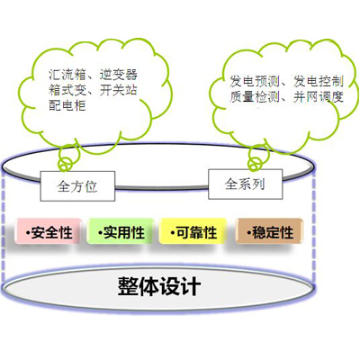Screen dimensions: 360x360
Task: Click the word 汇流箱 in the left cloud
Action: point(67,75)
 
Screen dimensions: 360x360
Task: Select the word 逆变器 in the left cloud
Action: point(119,75)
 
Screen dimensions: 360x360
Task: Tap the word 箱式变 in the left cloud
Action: point(67,90)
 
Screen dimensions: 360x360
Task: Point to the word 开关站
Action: point(119,90)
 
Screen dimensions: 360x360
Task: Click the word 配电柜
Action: point(67,105)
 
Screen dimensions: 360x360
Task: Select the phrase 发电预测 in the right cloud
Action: point(255,81)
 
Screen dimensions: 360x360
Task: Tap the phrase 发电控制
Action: point(319,81)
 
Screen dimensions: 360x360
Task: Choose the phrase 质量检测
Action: point(255,97)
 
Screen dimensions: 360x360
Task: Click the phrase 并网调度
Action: point(319,97)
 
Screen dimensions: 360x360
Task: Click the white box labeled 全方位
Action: point(77,186)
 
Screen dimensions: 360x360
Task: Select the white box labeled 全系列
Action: point(246,184)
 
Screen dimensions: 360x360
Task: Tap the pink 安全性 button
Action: point(49,231)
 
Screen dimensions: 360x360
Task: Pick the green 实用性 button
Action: point(121,231)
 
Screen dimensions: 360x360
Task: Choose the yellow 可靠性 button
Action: point(193,231)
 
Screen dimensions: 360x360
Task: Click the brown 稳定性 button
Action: point(269,230)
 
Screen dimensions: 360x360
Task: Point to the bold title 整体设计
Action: point(159,286)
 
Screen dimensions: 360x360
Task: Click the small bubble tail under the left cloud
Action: point(68,159)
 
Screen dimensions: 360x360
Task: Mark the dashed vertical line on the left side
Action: point(4,227)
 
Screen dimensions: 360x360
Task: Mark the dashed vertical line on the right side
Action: point(314,228)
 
